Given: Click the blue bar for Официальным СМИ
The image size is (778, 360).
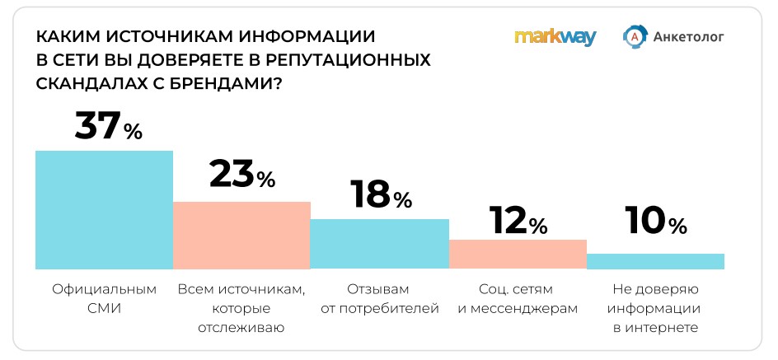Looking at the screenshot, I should tap(104, 209).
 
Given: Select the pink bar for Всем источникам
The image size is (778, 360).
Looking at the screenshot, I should tap(241, 235).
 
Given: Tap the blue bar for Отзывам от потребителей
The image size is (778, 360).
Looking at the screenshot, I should tap(379, 244).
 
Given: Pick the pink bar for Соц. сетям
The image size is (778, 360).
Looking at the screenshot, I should tap(518, 254).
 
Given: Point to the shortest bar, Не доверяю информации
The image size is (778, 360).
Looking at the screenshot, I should tap(655, 261).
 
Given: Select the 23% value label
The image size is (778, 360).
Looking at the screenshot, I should tap(241, 175).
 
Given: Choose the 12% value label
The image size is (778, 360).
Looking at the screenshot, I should tap(518, 220).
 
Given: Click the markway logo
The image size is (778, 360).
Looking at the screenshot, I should tap(555, 37).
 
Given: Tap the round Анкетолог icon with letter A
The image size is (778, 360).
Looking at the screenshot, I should tap(635, 37).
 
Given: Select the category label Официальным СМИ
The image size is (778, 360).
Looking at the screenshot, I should tap(104, 299).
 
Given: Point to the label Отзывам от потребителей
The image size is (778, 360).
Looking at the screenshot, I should tap(379, 299).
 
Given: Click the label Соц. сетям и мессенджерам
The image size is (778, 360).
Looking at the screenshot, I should tap(518, 299).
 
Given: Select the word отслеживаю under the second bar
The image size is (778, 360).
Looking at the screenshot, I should tap(241, 328).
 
